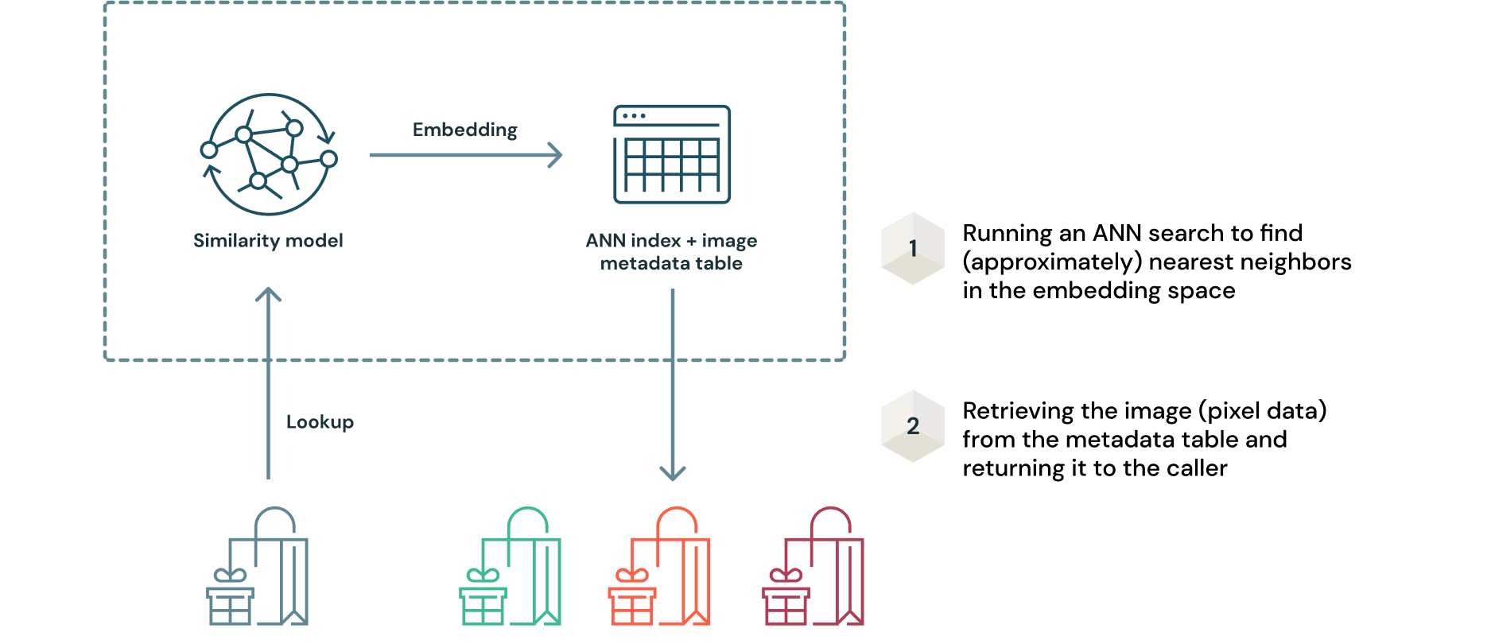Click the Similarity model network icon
[x=269, y=155]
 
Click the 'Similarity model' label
[x=268, y=241]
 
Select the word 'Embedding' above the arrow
[x=464, y=130]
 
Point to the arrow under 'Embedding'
[x=466, y=155]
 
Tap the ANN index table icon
[x=672, y=154]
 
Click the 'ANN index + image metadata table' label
[x=671, y=252]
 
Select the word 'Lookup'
[x=320, y=422]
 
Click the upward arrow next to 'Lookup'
[x=268, y=382]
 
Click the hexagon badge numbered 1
[x=913, y=248]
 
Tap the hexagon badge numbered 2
[x=913, y=426]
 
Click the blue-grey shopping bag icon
[x=258, y=568]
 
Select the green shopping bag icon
[x=511, y=568]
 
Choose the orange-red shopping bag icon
[x=659, y=568]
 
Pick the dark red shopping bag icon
[x=813, y=568]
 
